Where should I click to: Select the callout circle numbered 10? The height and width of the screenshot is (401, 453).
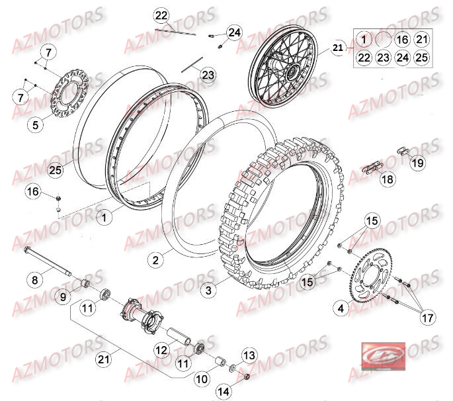[x=202, y=380]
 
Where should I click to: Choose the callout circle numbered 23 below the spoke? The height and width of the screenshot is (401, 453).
[x=208, y=75]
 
